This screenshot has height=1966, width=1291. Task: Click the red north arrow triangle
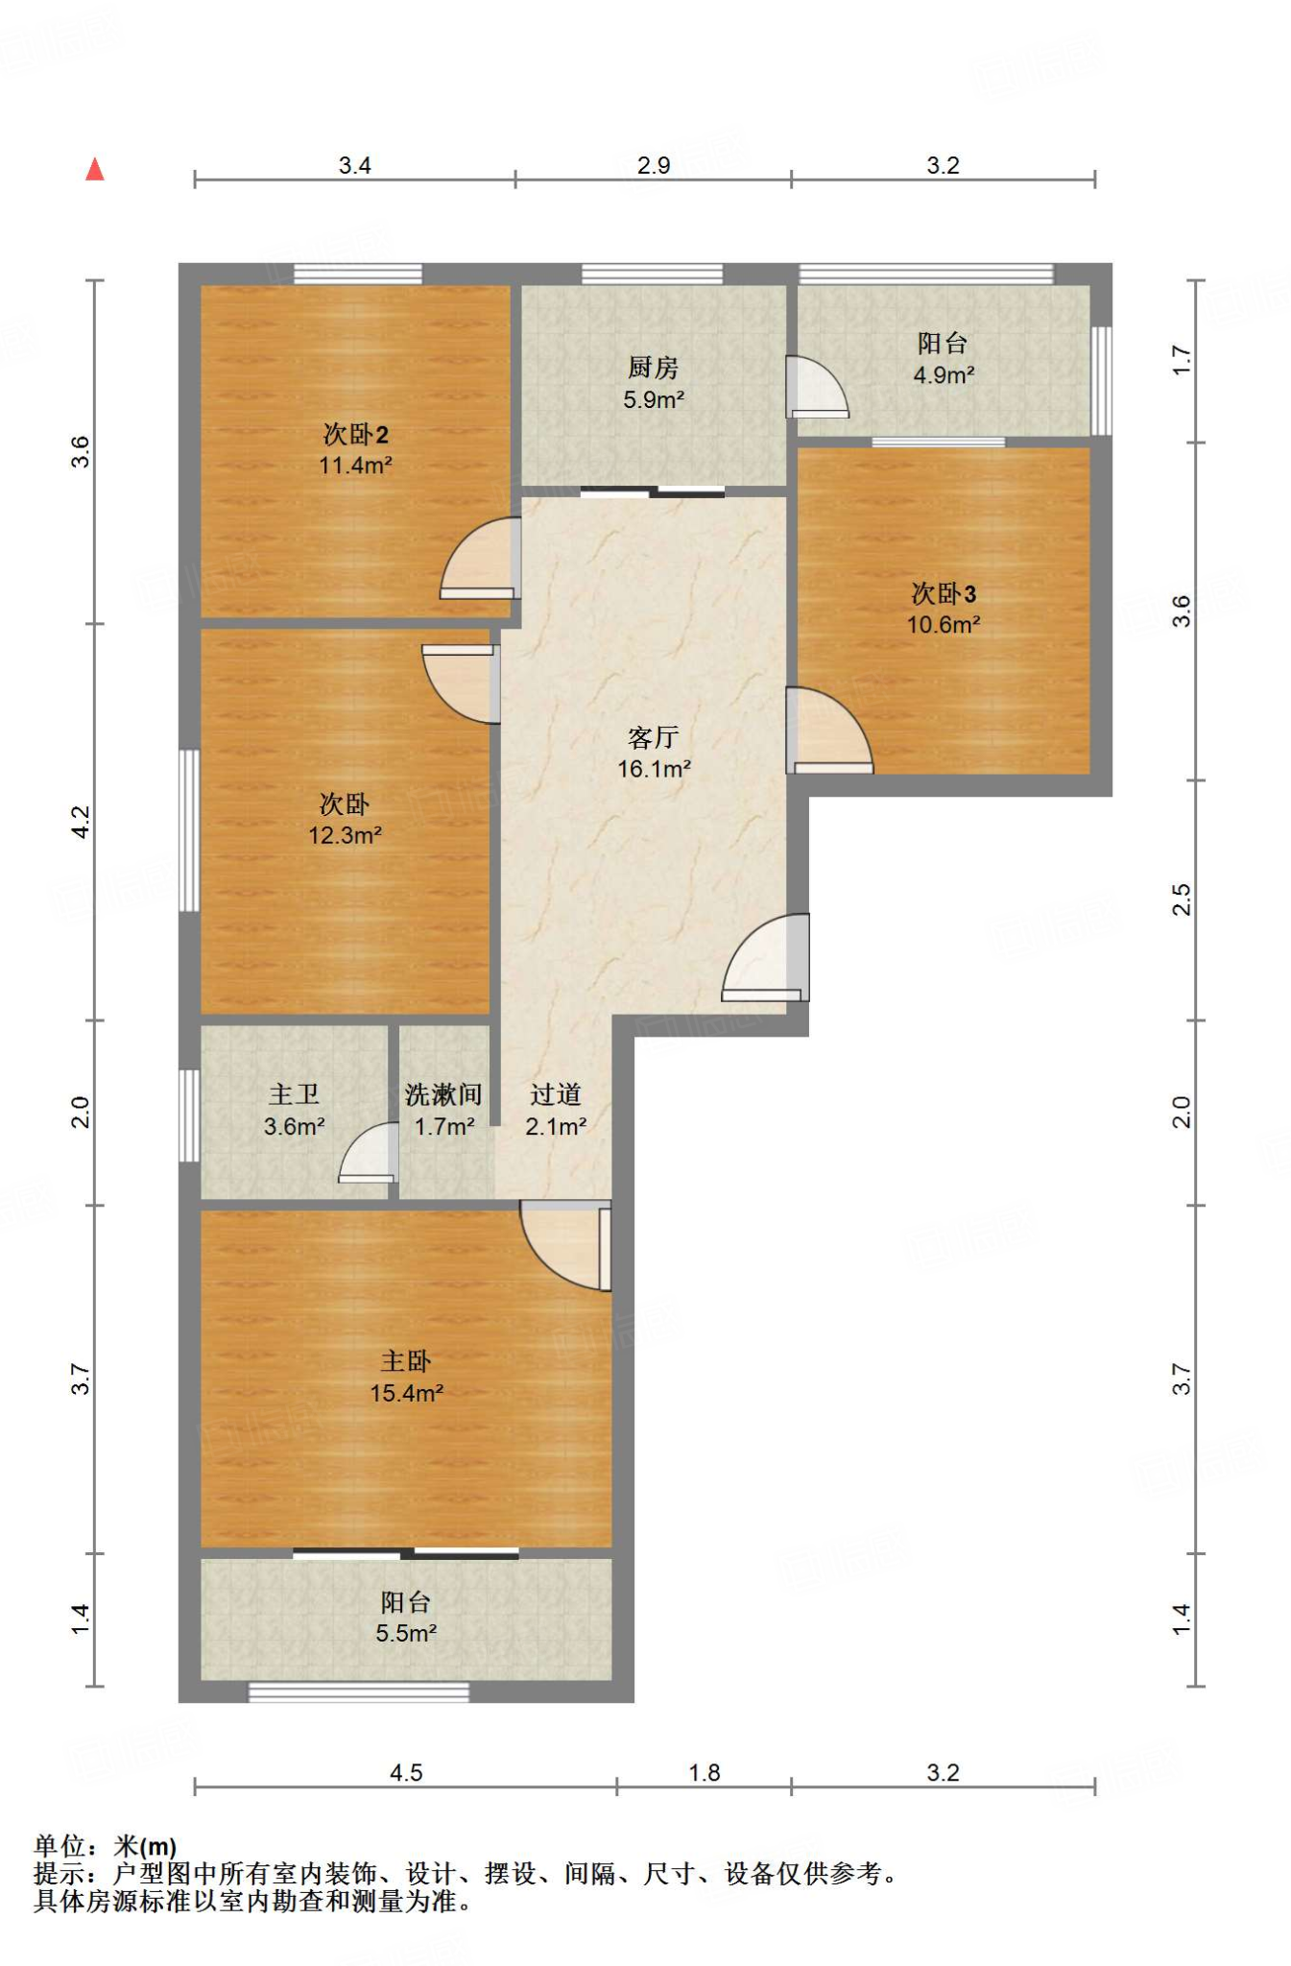click(x=94, y=170)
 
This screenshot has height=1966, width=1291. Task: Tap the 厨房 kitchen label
click(x=653, y=367)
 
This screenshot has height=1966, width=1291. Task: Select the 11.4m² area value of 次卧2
click(x=355, y=466)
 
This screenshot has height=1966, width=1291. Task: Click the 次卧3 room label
click(x=944, y=593)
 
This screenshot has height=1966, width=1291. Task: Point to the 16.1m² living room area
click(x=654, y=769)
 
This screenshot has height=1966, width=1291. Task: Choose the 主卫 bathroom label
click(x=294, y=1094)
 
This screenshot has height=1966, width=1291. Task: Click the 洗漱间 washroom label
click(x=443, y=1094)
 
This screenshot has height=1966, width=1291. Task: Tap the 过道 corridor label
click(x=556, y=1094)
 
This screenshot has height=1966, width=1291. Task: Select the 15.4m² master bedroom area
click(x=407, y=1393)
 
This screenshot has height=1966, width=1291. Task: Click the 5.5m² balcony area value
click(x=406, y=1633)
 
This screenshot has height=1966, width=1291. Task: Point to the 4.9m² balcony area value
click(x=944, y=375)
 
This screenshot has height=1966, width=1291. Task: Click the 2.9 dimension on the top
click(x=654, y=165)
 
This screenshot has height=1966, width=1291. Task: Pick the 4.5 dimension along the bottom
click(x=406, y=1772)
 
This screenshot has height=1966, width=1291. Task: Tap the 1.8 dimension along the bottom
click(x=705, y=1772)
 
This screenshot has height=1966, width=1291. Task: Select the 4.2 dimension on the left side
click(x=81, y=823)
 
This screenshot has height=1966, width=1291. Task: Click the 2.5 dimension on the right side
click(x=1182, y=900)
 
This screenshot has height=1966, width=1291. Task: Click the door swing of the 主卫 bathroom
click(x=369, y=1153)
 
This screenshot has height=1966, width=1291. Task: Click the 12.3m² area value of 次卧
click(x=345, y=835)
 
